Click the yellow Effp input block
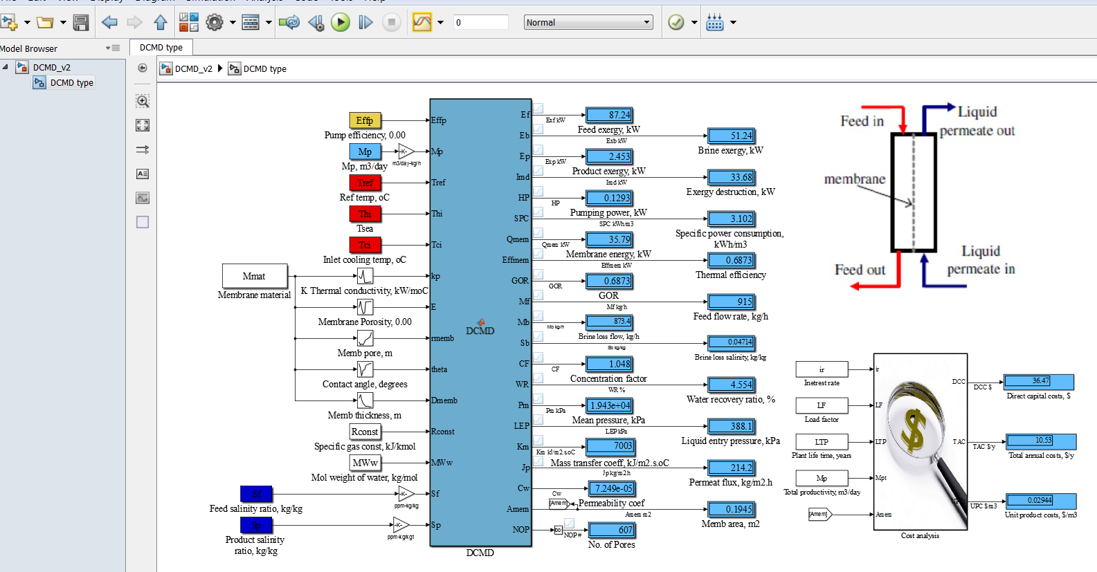(365, 120)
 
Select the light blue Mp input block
(365, 151)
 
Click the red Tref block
(365, 183)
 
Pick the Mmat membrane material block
(254, 276)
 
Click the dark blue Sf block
(256, 494)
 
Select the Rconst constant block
(365, 432)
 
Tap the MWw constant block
(365, 463)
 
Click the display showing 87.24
(609, 115)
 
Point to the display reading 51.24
(731, 136)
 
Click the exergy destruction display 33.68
(731, 177)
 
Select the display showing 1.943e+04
(609, 405)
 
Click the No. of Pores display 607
(610, 530)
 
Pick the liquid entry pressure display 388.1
(731, 426)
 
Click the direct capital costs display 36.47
(1038, 381)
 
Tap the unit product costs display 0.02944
(1040, 500)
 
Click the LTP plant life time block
(822, 441)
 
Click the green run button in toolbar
(340, 23)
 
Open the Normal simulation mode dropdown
(588, 22)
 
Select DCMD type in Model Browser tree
(71, 82)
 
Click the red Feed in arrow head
(903, 128)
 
